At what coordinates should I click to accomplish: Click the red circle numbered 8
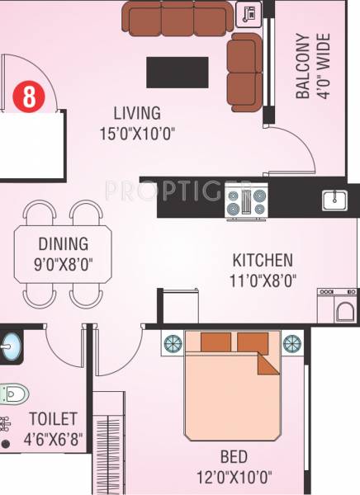pos(28,97)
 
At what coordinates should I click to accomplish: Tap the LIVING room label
pos(137,113)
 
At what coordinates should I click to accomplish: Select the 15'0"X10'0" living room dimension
pos(138,132)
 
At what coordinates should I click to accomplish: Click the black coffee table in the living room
pos(177,72)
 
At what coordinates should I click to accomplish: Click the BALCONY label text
pos(302,66)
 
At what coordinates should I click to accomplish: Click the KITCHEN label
pos(263,260)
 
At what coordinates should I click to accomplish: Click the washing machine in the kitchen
pos(339,306)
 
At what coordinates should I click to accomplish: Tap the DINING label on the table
pos(63,243)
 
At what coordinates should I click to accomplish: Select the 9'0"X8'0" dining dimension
pos(63,265)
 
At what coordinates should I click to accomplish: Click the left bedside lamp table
pos(173,342)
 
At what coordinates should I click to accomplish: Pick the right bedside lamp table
pos(291,342)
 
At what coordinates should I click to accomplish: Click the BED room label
pos(234,455)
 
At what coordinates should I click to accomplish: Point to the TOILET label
pos(52,420)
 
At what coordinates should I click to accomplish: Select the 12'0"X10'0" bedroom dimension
pos(234,475)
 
